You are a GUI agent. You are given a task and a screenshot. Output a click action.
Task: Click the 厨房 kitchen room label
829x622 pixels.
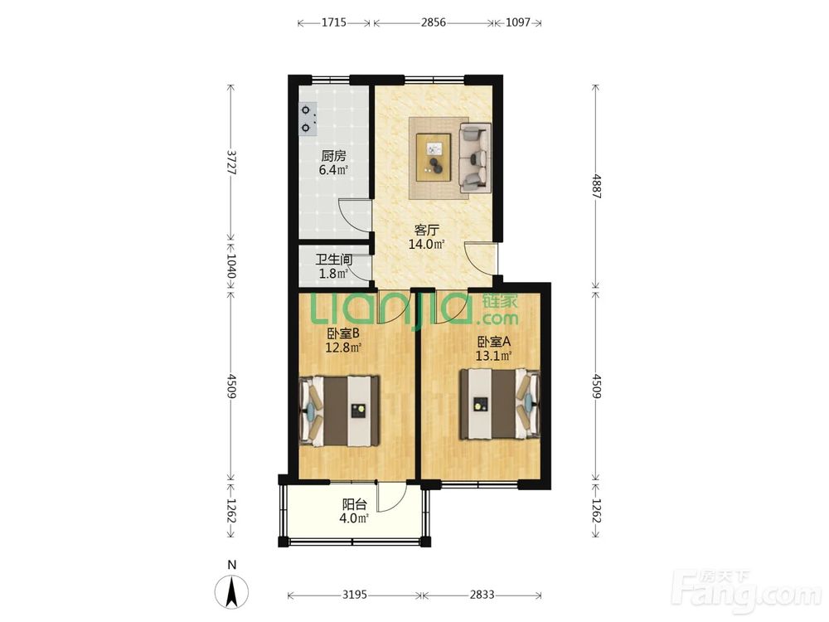333,156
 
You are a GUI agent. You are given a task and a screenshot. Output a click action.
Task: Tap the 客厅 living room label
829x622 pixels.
427,230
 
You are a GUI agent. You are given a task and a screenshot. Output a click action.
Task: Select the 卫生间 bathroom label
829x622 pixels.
334,260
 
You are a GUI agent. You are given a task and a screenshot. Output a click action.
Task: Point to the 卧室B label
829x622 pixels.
344,333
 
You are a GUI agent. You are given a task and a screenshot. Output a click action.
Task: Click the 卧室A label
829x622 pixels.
493,342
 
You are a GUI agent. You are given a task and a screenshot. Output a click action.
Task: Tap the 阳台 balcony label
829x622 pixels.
354,504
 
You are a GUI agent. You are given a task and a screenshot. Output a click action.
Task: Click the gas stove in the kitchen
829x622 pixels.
308,119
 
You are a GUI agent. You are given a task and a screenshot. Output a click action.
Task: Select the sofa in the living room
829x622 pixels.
475,158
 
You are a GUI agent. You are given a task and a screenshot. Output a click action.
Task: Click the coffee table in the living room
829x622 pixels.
434,153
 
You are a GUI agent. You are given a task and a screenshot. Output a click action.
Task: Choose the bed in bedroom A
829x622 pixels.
500,404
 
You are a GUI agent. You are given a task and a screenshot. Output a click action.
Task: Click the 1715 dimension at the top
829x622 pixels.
334,22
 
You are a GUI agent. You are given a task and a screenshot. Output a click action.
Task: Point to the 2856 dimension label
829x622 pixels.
434,22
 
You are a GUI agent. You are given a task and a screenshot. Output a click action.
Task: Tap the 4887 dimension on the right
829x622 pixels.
596,186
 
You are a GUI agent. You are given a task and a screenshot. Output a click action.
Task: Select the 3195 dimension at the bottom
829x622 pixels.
354,595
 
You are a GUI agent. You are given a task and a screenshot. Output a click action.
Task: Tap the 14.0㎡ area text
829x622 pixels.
426,244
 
